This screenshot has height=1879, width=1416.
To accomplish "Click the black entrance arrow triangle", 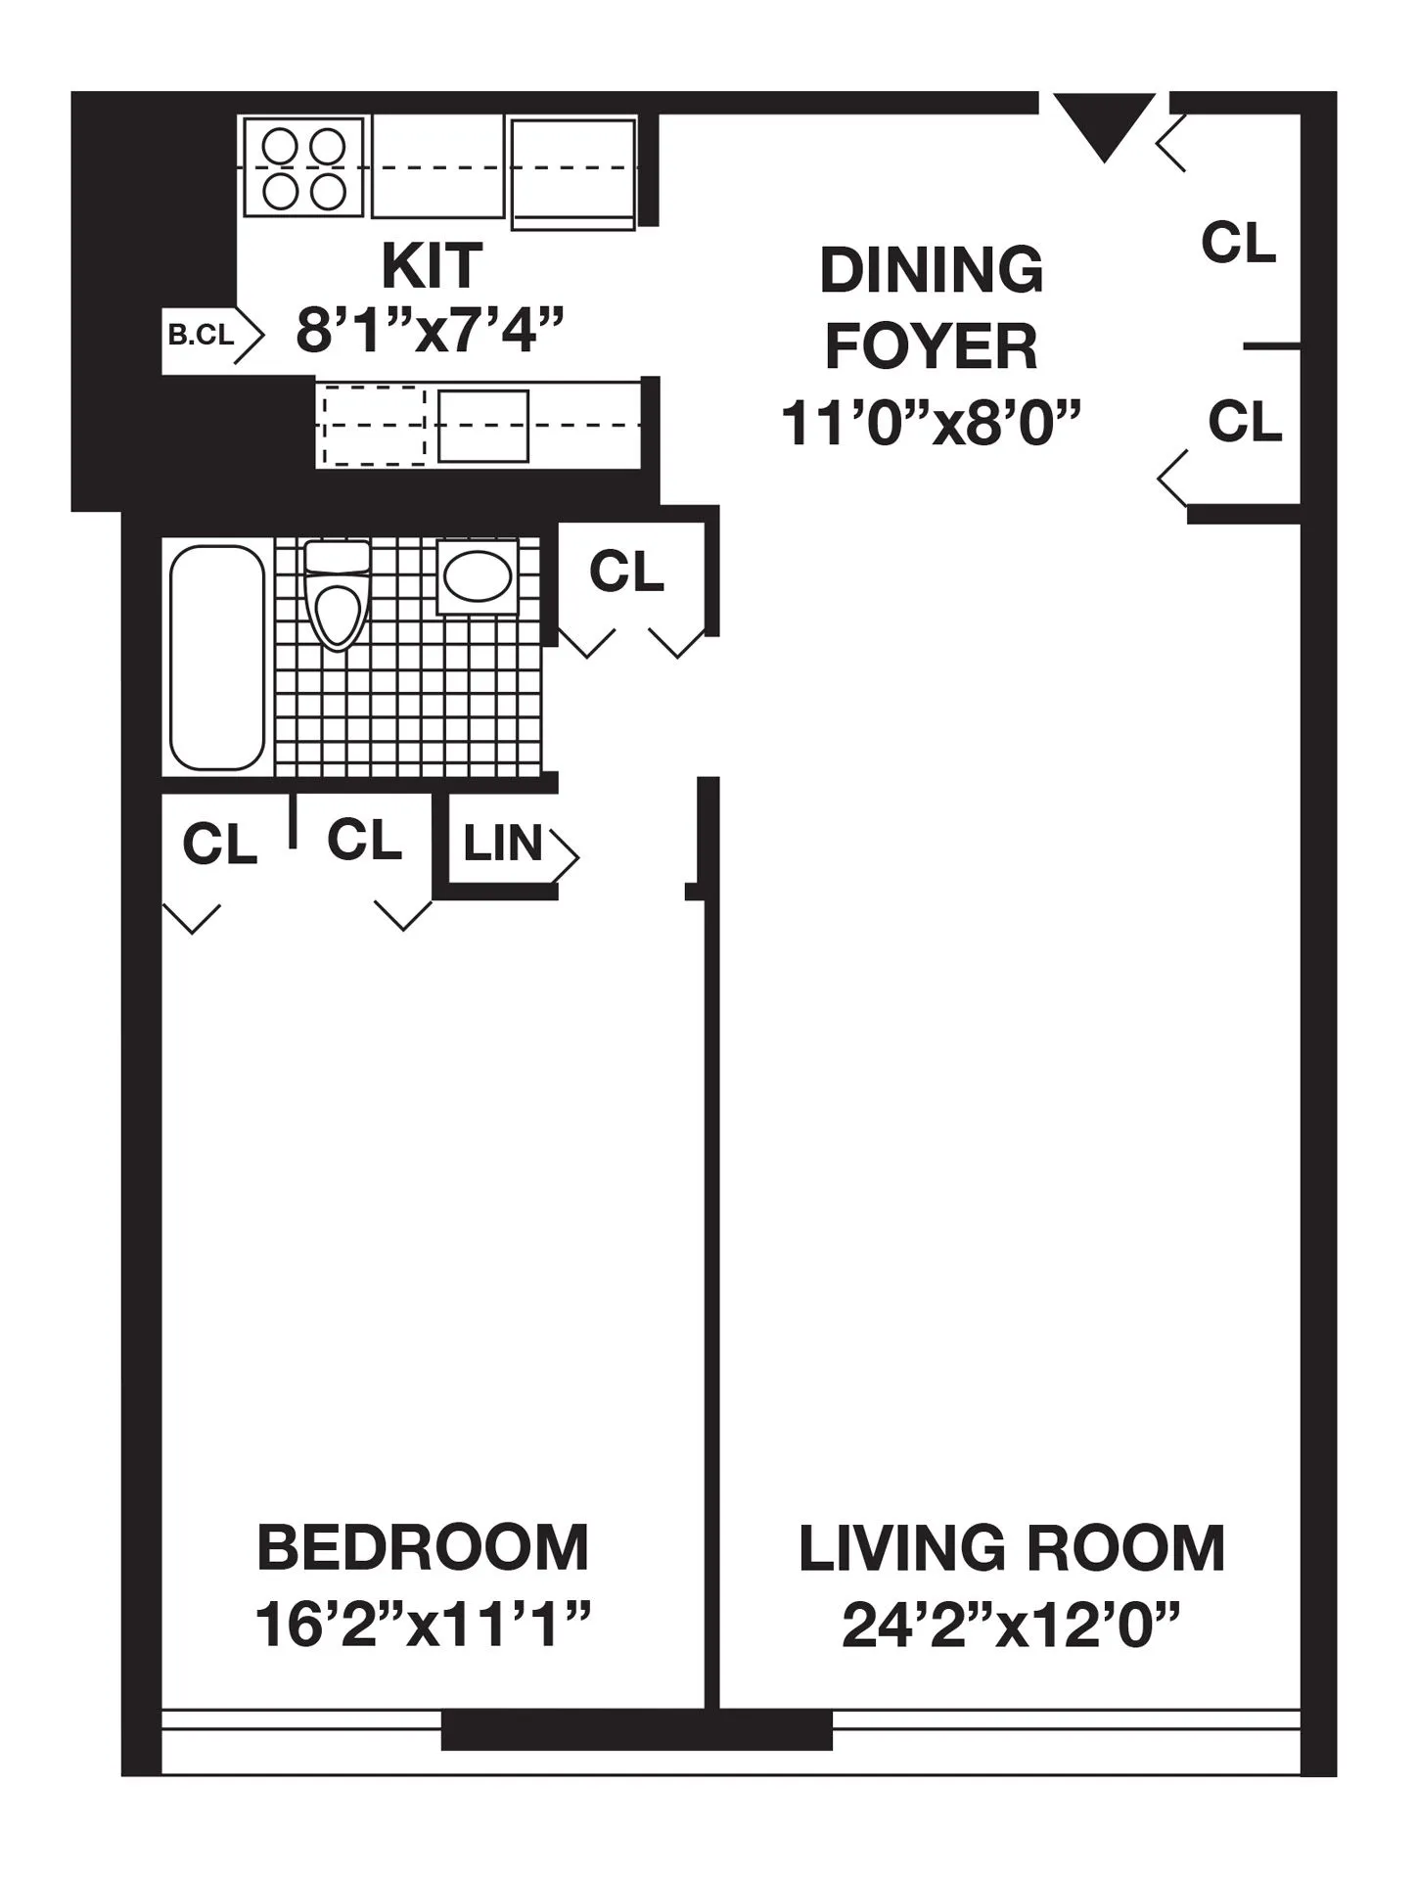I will click(1104, 122).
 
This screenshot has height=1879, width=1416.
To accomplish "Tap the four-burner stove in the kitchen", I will click(304, 167).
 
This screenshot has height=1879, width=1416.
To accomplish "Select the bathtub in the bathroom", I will click(217, 657).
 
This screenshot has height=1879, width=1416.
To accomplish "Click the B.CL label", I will click(202, 336).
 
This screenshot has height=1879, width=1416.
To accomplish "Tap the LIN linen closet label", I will click(503, 844).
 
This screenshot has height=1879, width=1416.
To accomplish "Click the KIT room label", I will click(432, 265).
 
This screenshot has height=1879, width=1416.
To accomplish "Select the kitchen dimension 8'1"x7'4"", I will click(431, 331).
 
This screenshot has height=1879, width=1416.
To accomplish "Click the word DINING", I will click(931, 270).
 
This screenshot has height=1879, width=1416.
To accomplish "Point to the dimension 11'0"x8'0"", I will click(931, 424).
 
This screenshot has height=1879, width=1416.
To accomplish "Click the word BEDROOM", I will click(423, 1548).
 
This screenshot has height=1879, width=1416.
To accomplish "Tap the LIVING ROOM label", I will click(1011, 1548).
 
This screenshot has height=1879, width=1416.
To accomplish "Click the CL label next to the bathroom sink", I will click(626, 572).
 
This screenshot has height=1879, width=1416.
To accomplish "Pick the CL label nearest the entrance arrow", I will click(1239, 243).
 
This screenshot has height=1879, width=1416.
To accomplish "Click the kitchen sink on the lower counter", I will click(482, 426).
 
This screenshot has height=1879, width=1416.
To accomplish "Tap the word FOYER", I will click(931, 346).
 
